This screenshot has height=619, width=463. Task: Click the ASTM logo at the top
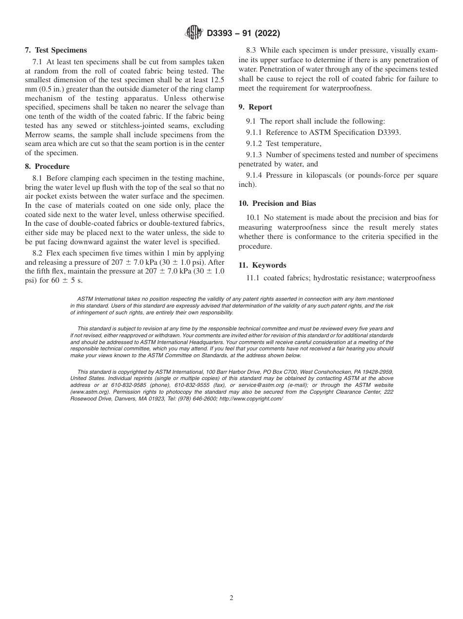[x=194, y=33]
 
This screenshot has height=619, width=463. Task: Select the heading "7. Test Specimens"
[x=56, y=50]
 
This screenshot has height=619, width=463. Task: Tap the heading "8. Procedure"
[x=47, y=166]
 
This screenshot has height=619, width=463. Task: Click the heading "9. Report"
[x=255, y=107]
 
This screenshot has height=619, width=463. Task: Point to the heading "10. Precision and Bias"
[x=277, y=203]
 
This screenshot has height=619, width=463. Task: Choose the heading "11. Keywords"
[x=262, y=265]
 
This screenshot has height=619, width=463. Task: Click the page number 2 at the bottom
[x=231, y=598]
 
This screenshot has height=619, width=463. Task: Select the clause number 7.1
[x=38, y=62]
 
